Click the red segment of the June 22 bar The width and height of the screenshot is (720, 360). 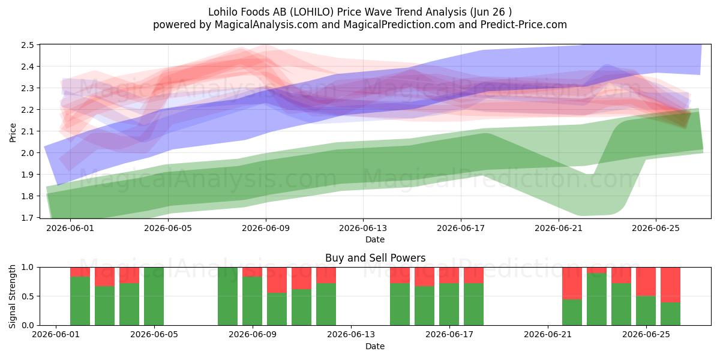coord(572,283)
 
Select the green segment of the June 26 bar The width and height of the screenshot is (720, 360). coord(670,314)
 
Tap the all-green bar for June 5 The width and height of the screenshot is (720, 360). coord(154,296)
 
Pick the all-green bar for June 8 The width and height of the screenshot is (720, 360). coord(227,296)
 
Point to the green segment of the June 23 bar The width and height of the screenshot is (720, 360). coord(596,299)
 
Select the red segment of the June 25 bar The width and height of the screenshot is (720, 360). coord(646,281)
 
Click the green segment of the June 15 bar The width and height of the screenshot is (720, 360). coord(400,304)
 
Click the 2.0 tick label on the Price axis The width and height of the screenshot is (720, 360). coord(28,153)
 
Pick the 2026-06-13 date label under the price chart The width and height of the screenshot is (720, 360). coord(363,228)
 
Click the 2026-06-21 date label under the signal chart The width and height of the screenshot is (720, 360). coord(548,335)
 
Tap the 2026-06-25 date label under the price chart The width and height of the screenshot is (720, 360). coord(656,228)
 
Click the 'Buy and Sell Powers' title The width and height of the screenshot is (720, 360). coord(375,258)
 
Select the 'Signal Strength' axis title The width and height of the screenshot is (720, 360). coord(12,296)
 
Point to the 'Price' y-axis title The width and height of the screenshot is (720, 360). coord(13,133)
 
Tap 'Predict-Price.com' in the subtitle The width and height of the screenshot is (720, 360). coord(524,25)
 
